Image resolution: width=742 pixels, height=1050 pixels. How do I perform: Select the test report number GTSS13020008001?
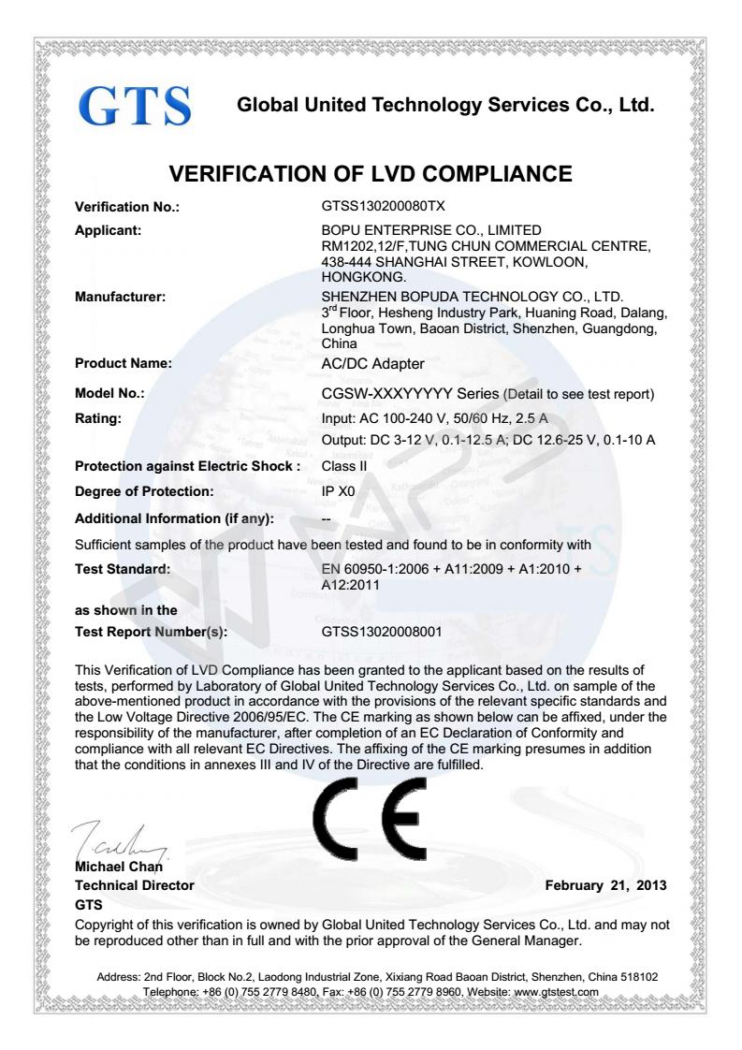[384, 633]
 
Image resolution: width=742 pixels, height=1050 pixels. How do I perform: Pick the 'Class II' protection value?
[342, 464]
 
